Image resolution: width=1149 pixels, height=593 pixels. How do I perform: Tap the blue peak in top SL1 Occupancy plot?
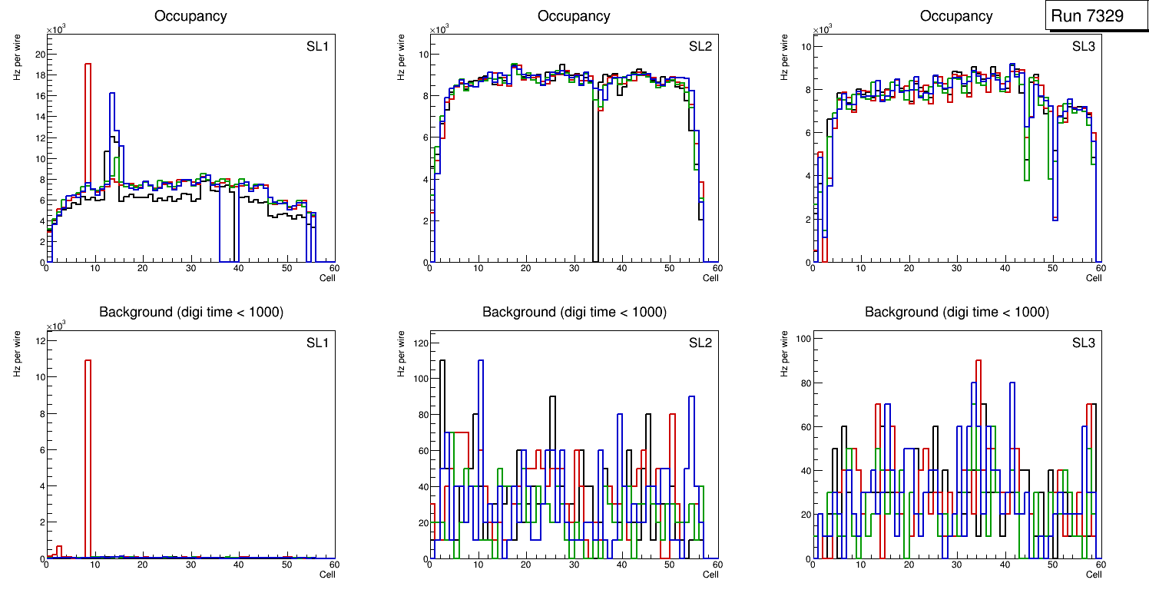tap(112, 94)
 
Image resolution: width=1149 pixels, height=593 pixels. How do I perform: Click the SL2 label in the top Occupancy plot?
tap(700, 47)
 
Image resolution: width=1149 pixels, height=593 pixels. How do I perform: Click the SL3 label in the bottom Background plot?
tap(1083, 343)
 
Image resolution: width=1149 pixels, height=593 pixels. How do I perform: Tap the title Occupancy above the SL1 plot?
tap(190, 16)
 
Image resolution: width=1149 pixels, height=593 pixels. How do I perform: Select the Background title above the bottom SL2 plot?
tap(574, 313)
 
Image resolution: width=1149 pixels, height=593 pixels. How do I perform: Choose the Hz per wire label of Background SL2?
tap(401, 353)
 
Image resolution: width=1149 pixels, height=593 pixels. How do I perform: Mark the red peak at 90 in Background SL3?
tap(978, 361)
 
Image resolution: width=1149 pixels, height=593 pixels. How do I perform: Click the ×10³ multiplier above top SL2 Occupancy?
tap(439, 30)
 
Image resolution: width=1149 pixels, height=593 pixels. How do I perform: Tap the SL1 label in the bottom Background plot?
tap(317, 343)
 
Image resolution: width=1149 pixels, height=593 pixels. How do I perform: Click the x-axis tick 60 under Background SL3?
tap(1100, 565)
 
